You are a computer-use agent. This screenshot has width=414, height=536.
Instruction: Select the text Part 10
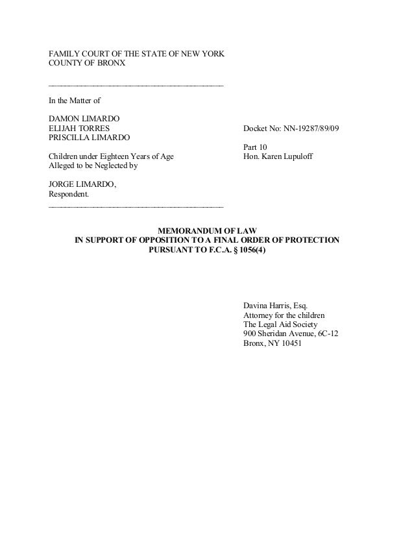point(254,147)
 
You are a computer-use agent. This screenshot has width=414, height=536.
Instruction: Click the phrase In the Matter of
point(73,101)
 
